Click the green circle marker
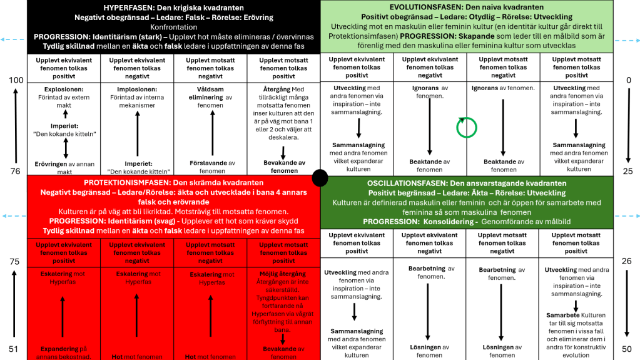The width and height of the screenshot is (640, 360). point(466,127)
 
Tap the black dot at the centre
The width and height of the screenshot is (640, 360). point(320,178)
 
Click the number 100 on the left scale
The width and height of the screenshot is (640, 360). point(16,80)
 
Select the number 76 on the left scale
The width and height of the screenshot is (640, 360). point(16,171)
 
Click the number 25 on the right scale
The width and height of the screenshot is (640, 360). point(627,171)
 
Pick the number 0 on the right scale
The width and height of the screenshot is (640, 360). point(628,80)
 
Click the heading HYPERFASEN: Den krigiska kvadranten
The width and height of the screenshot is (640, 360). point(173,7)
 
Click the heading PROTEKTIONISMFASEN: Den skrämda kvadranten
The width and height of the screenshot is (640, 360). point(173,182)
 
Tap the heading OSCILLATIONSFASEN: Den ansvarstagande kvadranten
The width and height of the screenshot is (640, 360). point(467,183)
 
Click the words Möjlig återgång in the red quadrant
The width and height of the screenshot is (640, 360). point(283,274)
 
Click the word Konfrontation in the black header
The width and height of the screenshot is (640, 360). point(173,27)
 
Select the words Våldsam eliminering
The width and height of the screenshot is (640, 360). point(210,93)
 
